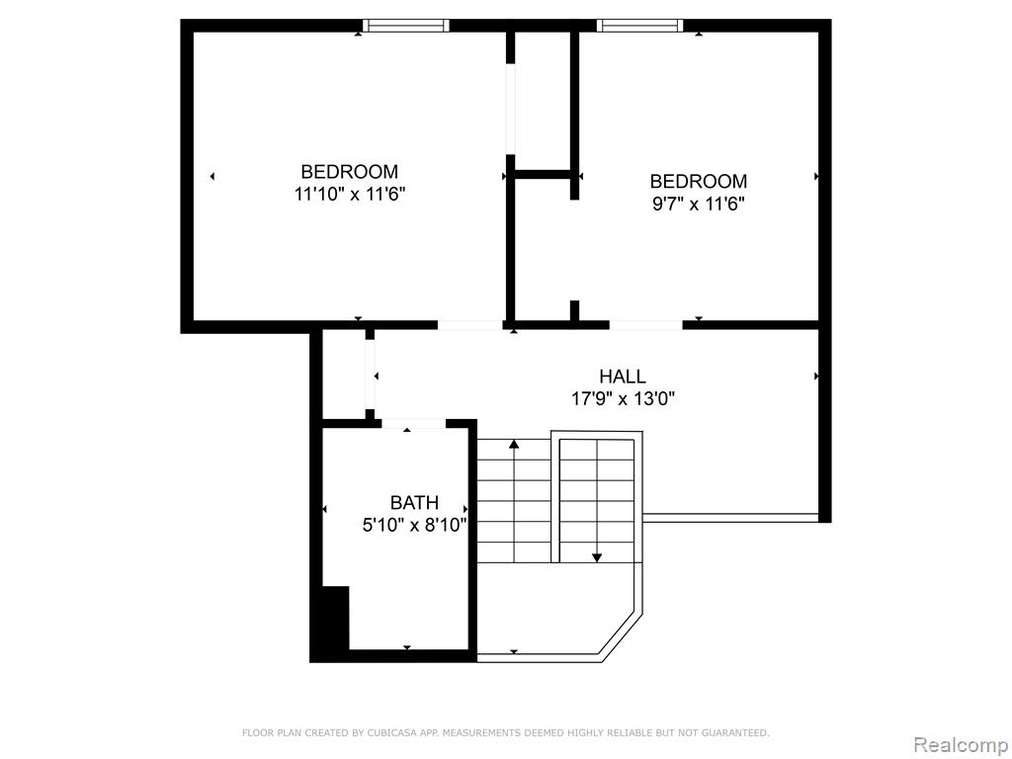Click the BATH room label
414,502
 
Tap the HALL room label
623,377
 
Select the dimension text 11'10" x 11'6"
350,194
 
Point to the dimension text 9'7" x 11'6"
699,204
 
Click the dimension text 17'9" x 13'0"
623,399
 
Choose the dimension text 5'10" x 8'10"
414,525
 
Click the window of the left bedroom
405,26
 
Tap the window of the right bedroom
639,26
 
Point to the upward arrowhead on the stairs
514,444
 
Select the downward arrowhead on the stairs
597,557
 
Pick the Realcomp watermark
961,744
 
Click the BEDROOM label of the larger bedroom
350,172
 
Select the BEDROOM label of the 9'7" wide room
699,182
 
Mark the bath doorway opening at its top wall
414,424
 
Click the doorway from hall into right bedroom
646,324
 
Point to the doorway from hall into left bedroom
470,324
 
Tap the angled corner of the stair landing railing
621,636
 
